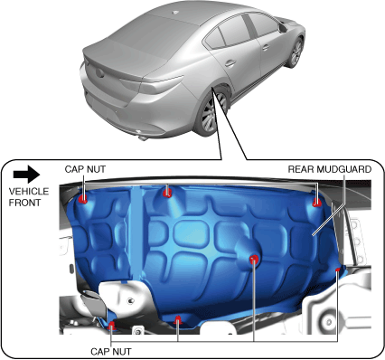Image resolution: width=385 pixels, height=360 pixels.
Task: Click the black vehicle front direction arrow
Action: coord(26,174)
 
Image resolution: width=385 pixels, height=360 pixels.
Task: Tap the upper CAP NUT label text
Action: coord(85,169)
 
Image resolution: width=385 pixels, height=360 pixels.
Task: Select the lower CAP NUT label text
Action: coord(111,352)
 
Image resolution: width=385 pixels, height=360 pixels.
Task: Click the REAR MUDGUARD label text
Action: coord(330,169)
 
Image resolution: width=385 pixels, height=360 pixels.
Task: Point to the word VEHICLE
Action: coord(29,191)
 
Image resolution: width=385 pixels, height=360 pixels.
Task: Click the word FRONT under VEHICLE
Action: coord(24,203)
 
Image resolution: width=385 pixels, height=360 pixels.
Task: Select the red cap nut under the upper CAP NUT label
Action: coord(83,198)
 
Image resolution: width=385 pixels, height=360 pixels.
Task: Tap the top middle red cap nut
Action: coord(167,193)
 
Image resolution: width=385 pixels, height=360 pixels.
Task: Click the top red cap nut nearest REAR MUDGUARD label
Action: coord(316,203)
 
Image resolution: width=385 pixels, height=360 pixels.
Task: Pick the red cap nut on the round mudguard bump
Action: coord(254,259)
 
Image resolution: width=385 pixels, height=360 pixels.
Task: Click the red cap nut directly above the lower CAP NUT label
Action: coord(111,325)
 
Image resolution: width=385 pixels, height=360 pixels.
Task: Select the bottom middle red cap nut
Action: coord(178,319)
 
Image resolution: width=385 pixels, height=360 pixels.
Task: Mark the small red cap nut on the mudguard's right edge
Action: coord(338,270)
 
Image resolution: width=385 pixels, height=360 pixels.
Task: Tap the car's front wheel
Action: coord(296,52)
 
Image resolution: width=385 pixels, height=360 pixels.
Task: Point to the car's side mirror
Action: coord(283,28)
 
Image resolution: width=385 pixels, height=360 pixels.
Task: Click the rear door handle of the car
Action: coord(230,63)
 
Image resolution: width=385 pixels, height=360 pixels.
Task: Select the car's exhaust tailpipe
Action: coord(143,137)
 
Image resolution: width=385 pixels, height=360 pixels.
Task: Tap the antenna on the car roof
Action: coord(175,13)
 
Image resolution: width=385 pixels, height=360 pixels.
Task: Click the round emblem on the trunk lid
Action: coord(99,73)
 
